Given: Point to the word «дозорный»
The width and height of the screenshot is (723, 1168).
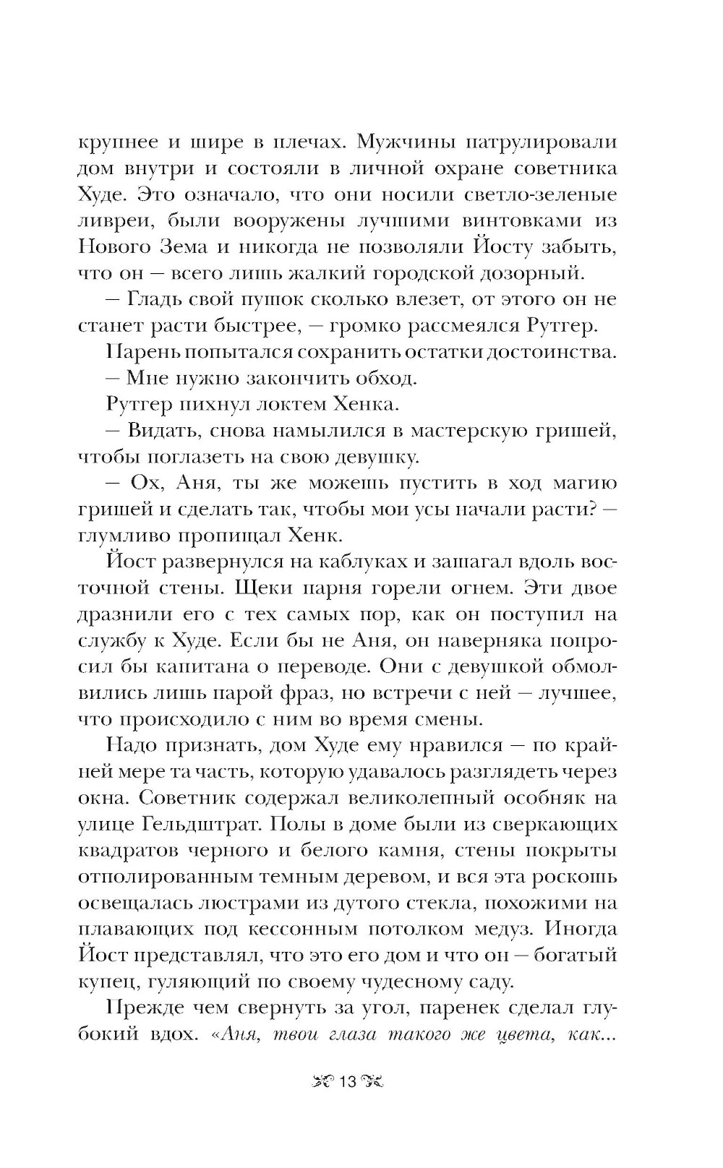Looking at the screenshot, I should coord(551,272).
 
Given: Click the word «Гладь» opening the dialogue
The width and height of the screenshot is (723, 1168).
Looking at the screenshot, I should coord(154,299).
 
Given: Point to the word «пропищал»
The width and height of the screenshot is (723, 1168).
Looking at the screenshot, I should coord(252,535).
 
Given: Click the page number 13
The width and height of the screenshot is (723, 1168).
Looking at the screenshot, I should coord(348,1081).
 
